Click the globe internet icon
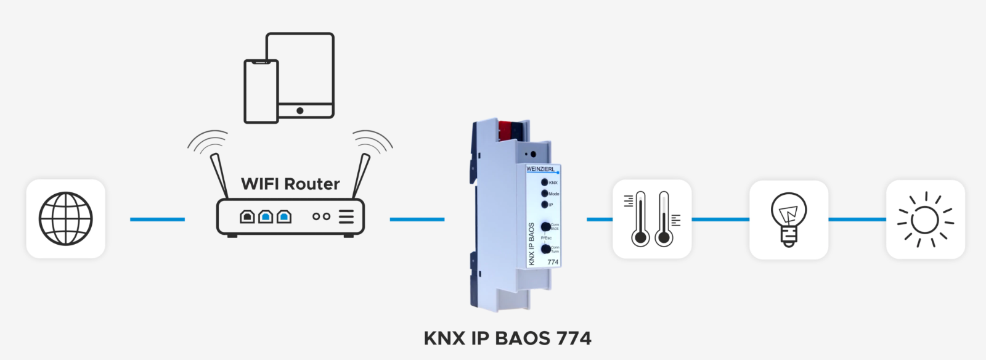[65, 219]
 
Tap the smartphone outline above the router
[261, 92]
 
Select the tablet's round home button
[299, 111]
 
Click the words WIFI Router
[290, 184]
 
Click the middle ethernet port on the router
[266, 216]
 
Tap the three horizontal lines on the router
[346, 216]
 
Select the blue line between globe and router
[157, 219]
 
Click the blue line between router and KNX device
[417, 219]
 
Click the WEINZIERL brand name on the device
[540, 169]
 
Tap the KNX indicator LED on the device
[545, 182]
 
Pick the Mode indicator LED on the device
[545, 194]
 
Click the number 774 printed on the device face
[553, 262]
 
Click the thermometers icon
[652, 219]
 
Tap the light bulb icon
[788, 219]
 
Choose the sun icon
[925, 219]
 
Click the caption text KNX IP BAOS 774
[507, 338]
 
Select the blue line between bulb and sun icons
[857, 219]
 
